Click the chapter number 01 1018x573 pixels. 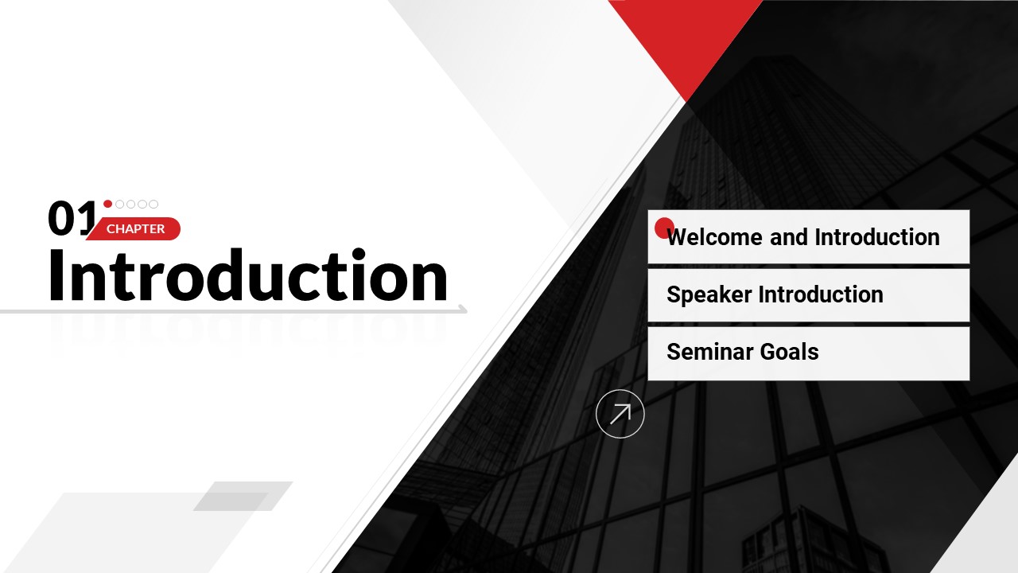[72, 218]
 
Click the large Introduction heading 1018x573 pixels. [248, 275]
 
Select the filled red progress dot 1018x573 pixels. [107, 204]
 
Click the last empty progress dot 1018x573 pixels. [153, 205]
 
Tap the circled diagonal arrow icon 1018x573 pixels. [620, 414]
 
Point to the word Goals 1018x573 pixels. [790, 352]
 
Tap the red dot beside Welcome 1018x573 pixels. [664, 228]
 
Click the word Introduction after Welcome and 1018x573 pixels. [877, 237]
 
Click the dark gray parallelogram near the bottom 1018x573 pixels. [243, 496]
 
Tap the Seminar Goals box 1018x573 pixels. [809, 353]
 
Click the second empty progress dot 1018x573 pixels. [131, 205]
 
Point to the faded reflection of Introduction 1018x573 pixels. [248, 329]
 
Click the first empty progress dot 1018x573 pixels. [119, 205]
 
